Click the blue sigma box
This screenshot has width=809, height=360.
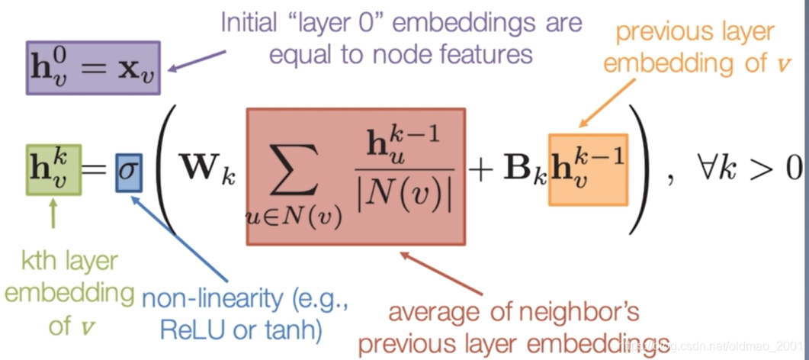click(128, 175)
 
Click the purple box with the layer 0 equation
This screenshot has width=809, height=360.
click(92, 68)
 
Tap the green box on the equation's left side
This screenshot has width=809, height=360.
click(53, 169)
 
